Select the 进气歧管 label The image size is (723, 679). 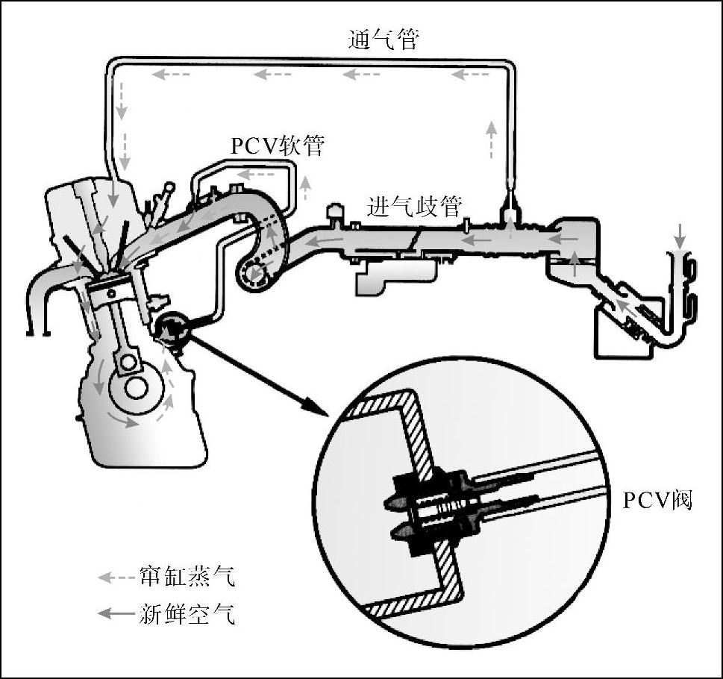[x=414, y=207]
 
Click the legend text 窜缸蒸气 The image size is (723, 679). [x=187, y=578]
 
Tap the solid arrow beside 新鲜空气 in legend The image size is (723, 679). [x=116, y=614]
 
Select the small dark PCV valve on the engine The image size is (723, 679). [x=171, y=331]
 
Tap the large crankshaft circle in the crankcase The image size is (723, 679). [x=134, y=388]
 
